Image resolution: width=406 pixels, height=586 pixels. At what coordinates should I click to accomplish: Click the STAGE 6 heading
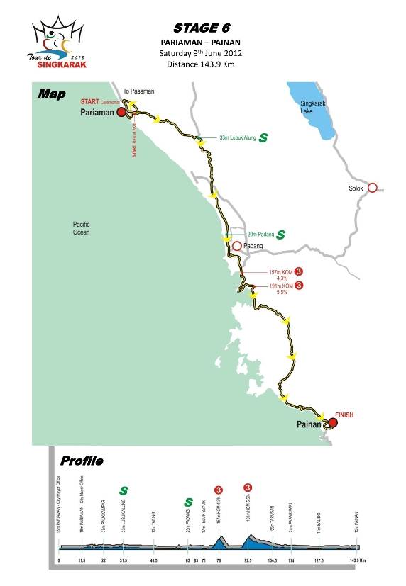point(202,28)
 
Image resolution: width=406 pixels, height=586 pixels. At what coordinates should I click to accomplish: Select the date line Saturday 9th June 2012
point(202,53)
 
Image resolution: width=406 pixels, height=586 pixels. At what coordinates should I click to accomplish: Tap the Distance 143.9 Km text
point(202,64)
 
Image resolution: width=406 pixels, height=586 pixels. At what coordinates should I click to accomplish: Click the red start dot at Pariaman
point(121,112)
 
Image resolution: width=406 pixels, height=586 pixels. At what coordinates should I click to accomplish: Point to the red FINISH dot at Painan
point(332,423)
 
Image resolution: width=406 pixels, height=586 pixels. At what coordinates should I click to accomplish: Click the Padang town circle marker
point(236,246)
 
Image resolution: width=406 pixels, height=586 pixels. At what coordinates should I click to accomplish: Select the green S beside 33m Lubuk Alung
point(264,137)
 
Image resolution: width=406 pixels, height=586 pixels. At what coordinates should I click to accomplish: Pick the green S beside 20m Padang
point(280,234)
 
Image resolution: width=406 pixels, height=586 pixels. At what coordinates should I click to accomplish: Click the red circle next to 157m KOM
point(299,271)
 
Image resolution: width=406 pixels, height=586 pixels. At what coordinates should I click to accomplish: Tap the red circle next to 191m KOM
point(299,286)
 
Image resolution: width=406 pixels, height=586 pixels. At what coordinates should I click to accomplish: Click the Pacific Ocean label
point(86,228)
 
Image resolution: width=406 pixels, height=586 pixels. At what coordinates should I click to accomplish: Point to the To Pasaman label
point(138,91)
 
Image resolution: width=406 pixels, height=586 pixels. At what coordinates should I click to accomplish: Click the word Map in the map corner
point(52,94)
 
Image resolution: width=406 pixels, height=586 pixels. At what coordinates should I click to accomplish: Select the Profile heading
point(82,461)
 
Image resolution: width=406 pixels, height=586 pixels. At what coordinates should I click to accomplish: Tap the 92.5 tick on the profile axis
point(248,560)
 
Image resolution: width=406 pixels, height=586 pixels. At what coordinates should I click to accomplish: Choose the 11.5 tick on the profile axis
point(82,560)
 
